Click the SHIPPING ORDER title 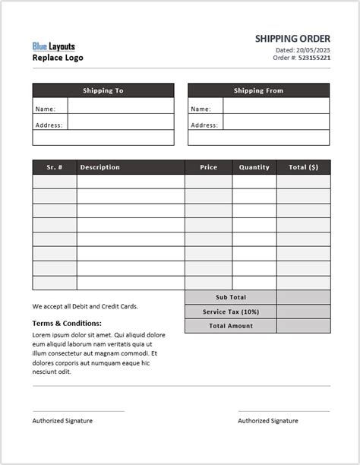click(292, 38)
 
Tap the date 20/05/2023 click(313, 49)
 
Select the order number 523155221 click(314, 58)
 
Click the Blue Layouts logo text click(54, 46)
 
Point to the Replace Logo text click(58, 58)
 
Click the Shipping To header click(103, 90)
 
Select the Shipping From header click(258, 90)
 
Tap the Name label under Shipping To click(45, 109)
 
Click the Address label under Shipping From click(204, 125)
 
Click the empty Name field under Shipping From click(276, 106)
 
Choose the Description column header click(99, 167)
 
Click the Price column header click(208, 167)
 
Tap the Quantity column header click(254, 167)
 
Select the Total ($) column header click(303, 167)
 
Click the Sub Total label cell click(231, 297)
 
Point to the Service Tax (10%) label click(231, 312)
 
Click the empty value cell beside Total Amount click(303, 326)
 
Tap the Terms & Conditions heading click(67, 323)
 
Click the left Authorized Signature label click(62, 421)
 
